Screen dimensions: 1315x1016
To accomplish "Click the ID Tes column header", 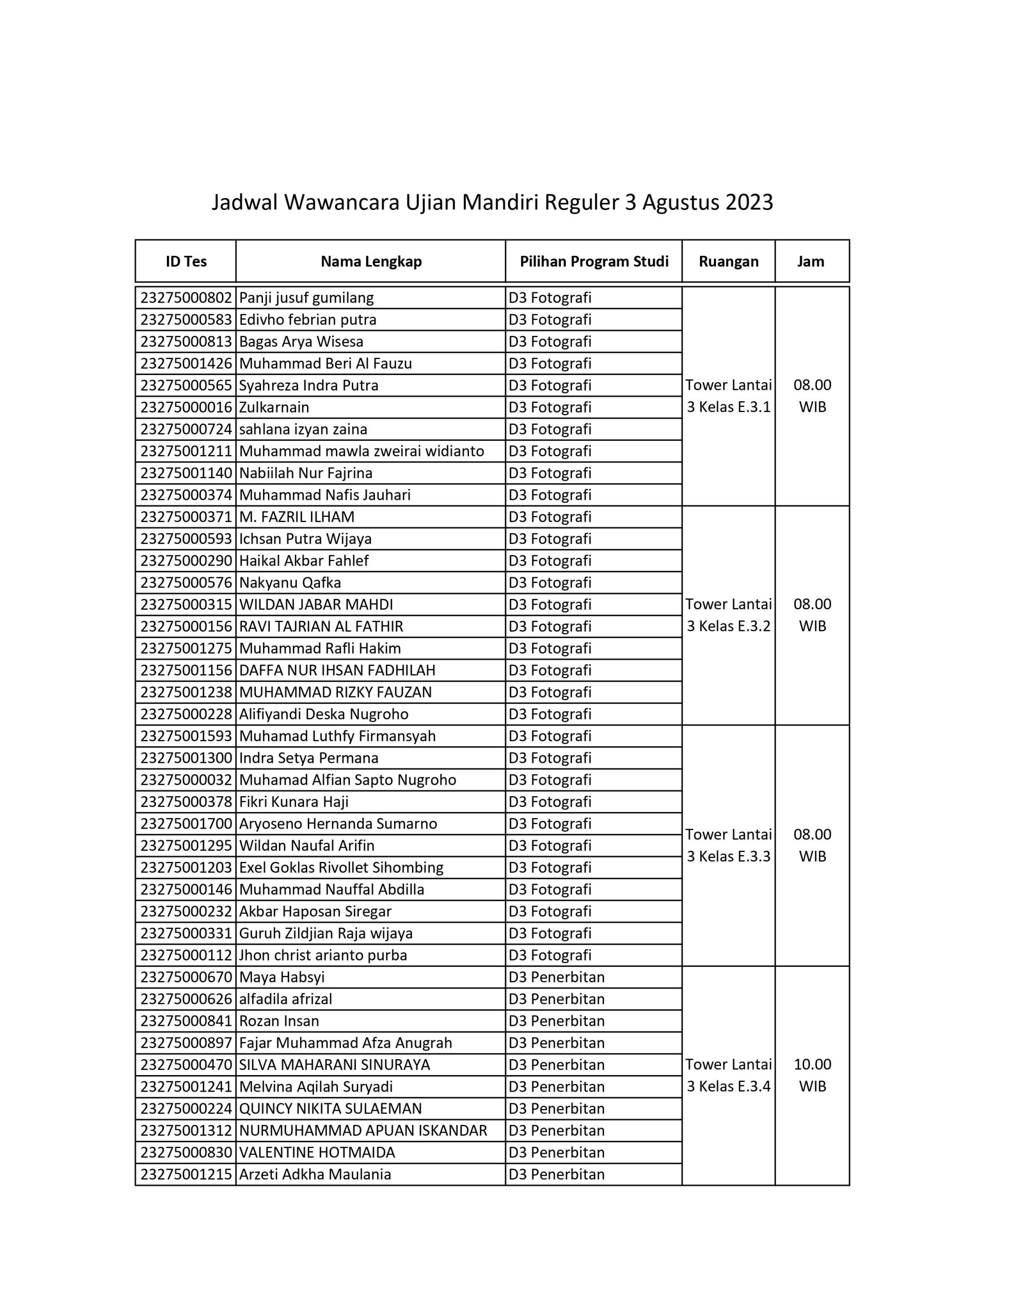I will (186, 261).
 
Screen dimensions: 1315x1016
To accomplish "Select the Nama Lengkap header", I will (371, 261).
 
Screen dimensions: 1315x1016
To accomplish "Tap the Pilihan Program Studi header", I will (594, 261).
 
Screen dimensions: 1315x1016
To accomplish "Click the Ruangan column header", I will (728, 261).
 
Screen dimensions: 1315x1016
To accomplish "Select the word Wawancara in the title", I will (342, 202).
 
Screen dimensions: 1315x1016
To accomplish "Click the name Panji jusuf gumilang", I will (307, 298).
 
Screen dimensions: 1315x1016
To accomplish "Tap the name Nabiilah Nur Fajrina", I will (306, 473).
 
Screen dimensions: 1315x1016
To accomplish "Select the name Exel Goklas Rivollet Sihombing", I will (342, 868).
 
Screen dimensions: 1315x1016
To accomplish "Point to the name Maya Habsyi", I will (282, 977).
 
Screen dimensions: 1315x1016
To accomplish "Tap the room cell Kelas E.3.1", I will (728, 396).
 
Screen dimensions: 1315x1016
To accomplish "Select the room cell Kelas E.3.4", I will (728, 1075).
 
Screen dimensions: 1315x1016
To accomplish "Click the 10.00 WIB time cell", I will (812, 1075).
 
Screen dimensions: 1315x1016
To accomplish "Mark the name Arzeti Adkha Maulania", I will (315, 1174).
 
